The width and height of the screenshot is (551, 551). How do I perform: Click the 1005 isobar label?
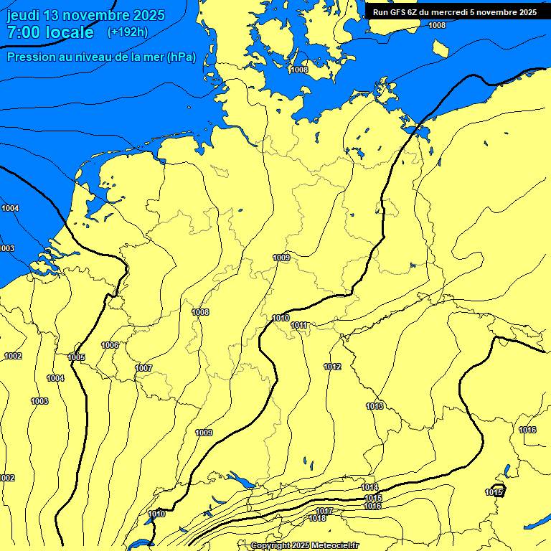76,357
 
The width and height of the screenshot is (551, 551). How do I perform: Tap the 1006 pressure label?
110,345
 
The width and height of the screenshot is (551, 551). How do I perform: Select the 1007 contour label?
143,368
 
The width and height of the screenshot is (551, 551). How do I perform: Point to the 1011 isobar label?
299,325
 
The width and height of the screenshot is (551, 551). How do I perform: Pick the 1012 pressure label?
332,367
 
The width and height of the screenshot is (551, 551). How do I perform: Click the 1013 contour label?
375,406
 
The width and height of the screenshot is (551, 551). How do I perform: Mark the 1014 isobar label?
370,488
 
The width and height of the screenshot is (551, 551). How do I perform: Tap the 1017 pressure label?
324,511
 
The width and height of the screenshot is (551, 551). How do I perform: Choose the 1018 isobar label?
317,518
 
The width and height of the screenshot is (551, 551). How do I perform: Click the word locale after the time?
70,32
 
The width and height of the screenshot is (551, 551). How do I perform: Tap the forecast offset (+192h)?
127,32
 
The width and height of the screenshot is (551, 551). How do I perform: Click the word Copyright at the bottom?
270,546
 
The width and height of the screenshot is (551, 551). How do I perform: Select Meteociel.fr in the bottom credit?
335,546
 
